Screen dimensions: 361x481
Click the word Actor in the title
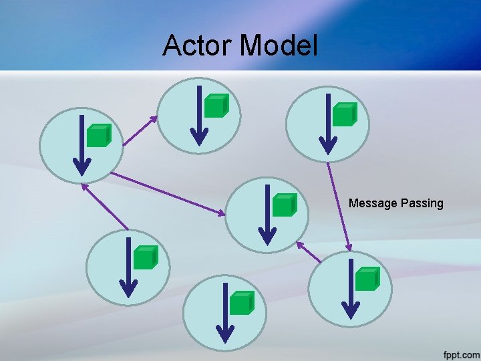pos(198,45)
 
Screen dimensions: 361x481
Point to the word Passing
pos(422,203)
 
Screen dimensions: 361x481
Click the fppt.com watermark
pos(461,354)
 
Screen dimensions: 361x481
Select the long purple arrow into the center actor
pos(168,194)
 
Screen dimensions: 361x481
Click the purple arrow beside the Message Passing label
pos(338,208)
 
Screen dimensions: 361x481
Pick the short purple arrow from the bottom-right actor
pos(309,251)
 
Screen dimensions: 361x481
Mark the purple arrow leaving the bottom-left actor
pos(105,207)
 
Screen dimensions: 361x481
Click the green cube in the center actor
pos(284,205)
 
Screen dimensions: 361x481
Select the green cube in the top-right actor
pos(344,114)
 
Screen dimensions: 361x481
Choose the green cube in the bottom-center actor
pos(241,303)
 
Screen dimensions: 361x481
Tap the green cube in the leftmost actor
pos(98,136)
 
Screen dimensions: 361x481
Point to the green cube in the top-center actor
pos(216,106)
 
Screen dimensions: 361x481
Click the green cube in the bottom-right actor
pos(367,279)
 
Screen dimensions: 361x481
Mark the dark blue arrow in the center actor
pos(267,215)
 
